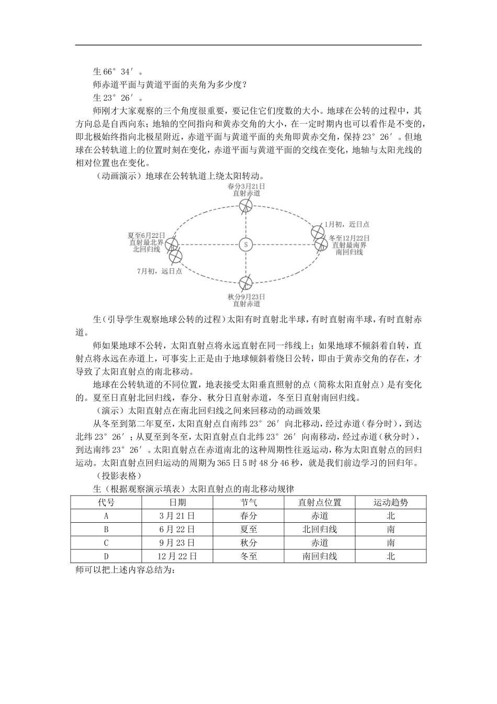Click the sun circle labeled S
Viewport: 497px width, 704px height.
[245, 245]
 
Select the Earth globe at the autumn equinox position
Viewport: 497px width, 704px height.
[245, 283]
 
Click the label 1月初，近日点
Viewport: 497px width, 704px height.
[347, 224]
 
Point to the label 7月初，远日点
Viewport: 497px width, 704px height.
[160, 271]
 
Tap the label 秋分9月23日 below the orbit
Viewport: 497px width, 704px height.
[246, 296]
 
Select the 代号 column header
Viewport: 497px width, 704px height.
[106, 502]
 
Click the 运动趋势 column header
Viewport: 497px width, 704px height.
[390, 502]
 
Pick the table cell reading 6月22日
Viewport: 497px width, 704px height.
[177, 529]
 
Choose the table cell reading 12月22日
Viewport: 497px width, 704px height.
[177, 556]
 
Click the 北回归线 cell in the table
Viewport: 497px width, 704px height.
[319, 529]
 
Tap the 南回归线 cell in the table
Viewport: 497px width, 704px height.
[319, 556]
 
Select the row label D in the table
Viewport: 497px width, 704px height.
[106, 556]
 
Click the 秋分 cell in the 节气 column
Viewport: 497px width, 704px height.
[249, 543]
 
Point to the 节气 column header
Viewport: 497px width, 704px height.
[249, 502]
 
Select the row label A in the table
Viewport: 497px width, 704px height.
[106, 515]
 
